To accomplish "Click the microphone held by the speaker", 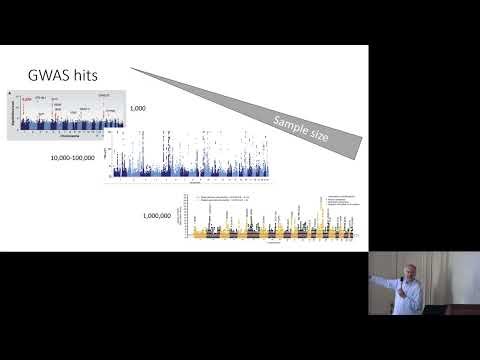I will coord(404,290).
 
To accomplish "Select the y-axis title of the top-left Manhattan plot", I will coord(11,113).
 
